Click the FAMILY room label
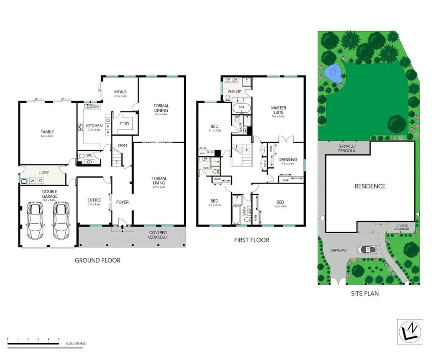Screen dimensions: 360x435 tap(47, 132)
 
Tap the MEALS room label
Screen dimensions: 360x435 tap(120, 91)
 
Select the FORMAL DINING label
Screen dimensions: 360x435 tap(161, 108)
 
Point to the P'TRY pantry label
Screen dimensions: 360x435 tap(124, 124)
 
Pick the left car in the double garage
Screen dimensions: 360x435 tap(35, 220)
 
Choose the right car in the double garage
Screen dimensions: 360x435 tap(61, 220)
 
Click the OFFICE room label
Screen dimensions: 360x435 tap(94, 200)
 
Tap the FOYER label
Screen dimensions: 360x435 tap(122, 202)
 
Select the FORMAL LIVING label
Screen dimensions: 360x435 tap(159, 181)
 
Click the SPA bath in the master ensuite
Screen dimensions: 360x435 tap(242, 108)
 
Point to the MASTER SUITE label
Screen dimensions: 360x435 tap(279, 110)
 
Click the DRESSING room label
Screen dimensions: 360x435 tap(288, 160)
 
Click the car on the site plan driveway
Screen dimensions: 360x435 tap(368, 250)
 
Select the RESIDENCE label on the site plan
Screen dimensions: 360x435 tap(370, 186)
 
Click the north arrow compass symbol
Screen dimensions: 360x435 tap(410, 332)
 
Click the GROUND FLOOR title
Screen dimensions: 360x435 tap(98, 260)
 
